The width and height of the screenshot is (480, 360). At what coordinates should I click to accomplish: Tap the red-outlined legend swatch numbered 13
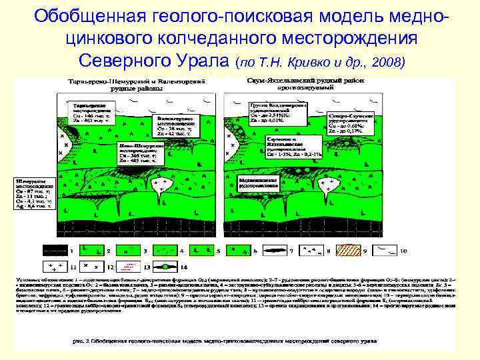click(x=126, y=267)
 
